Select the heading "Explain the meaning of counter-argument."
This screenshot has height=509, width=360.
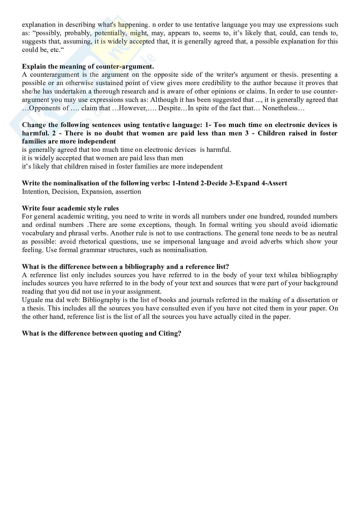tap(88, 66)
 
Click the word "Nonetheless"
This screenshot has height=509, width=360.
tap(283, 108)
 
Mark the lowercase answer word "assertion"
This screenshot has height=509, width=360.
tap(128, 191)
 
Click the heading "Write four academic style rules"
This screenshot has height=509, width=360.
tap(70, 208)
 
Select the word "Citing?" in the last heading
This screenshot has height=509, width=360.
tap(170, 333)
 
